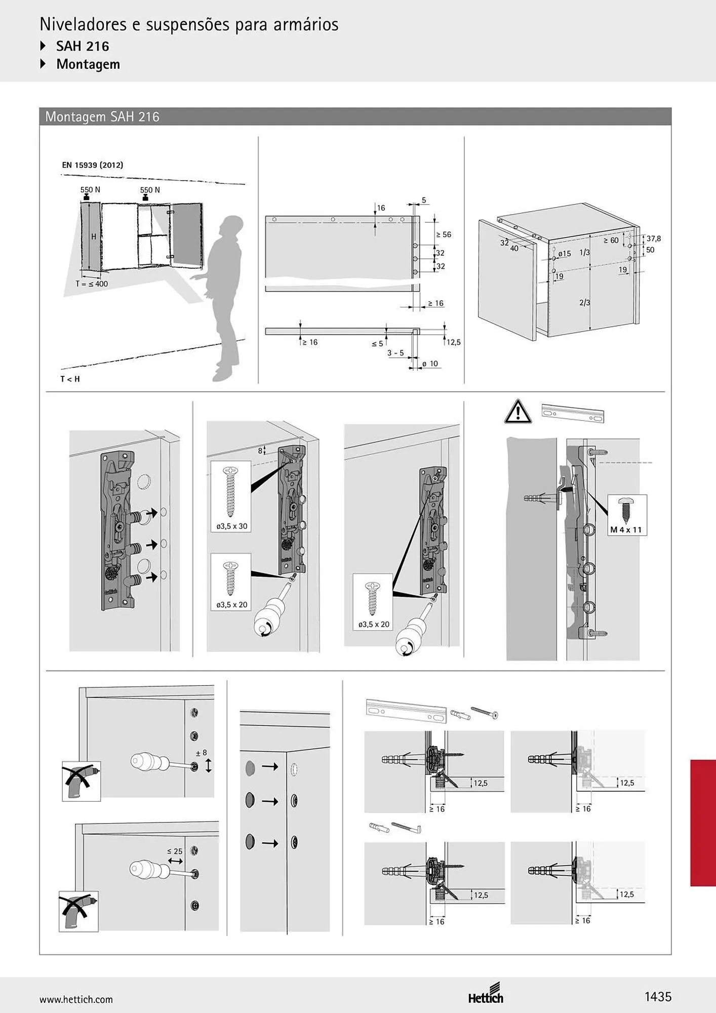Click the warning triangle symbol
coord(518,411)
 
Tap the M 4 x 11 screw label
coord(626,530)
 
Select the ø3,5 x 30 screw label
coord(232,526)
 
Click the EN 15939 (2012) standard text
coord(93,165)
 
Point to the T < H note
coord(70,379)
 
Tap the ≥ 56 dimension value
coord(444,235)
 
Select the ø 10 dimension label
coord(430,364)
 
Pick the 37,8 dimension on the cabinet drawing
coord(654,239)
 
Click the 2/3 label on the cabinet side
coord(585,302)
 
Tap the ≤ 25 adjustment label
coord(175,851)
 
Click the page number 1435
coord(658,997)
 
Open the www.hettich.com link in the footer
coord(76,1000)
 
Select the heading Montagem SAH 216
coord(102,117)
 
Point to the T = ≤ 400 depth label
coord(92,284)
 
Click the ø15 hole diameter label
coord(565,254)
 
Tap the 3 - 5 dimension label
coord(396,353)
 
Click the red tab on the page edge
coord(703,823)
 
